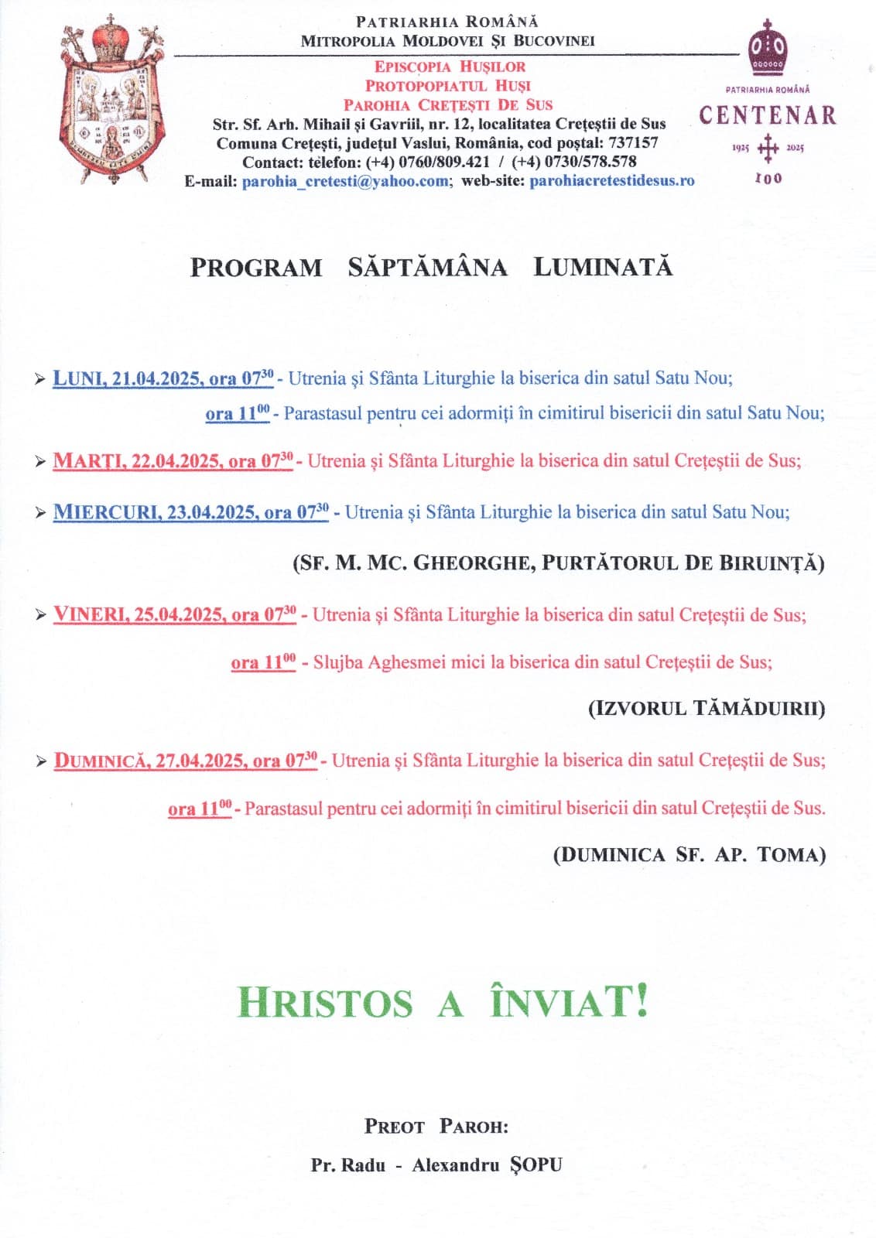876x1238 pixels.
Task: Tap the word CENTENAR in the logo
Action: (x=768, y=116)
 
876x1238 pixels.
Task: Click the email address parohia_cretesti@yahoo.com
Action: (x=345, y=181)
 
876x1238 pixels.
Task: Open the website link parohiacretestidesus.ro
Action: (x=611, y=181)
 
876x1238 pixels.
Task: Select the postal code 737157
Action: (x=633, y=143)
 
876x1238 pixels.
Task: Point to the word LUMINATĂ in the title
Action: (x=603, y=268)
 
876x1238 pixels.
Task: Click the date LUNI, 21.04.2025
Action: (x=129, y=379)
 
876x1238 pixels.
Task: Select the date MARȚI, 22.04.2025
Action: (x=139, y=461)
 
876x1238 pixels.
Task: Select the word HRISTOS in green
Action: (x=325, y=1003)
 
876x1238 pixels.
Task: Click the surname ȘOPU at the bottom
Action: (x=536, y=1164)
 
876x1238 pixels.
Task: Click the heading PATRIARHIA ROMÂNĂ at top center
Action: (x=447, y=22)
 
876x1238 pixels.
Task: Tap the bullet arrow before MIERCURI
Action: (x=40, y=513)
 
